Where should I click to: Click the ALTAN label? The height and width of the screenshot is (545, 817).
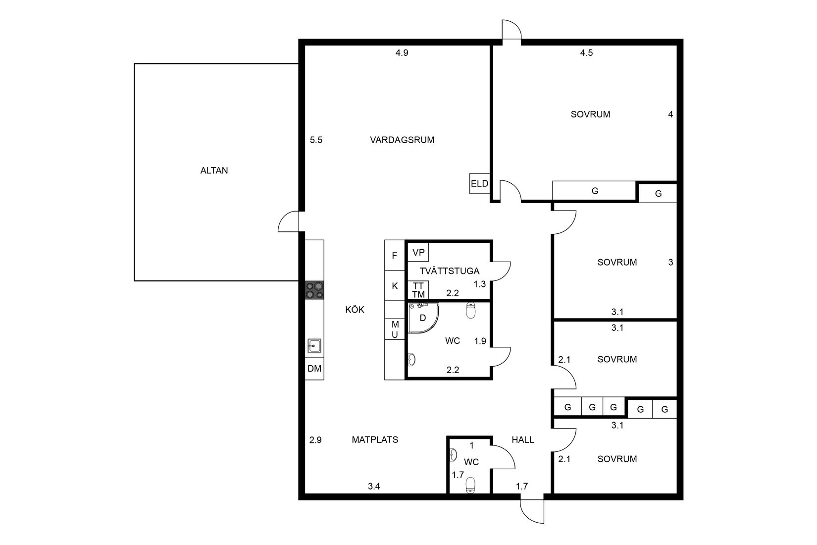214,170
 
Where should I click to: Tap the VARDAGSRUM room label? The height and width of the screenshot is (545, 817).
402,140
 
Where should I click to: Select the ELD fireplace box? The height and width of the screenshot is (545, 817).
479,183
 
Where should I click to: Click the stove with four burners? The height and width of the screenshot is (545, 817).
314,290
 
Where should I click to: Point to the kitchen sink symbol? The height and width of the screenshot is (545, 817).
314,346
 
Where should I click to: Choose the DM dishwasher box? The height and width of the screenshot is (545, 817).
314,369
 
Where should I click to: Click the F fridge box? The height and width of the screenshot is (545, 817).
395,256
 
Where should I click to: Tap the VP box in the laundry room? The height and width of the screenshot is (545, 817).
418,252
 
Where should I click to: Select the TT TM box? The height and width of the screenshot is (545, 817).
418,290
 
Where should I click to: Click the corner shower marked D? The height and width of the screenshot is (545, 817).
422,318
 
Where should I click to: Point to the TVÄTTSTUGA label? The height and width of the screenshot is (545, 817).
449,271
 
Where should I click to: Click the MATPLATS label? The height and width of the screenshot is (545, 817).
375,439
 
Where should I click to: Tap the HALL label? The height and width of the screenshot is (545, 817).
523,439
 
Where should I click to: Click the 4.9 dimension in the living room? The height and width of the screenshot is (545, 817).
402,53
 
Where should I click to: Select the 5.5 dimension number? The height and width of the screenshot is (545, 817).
316,140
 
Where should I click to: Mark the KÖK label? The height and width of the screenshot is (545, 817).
355,310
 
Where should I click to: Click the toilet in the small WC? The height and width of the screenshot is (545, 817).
470,485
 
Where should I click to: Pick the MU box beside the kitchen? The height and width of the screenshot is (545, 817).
395,329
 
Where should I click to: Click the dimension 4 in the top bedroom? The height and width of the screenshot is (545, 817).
670,114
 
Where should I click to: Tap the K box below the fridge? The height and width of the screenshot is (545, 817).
395,286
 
